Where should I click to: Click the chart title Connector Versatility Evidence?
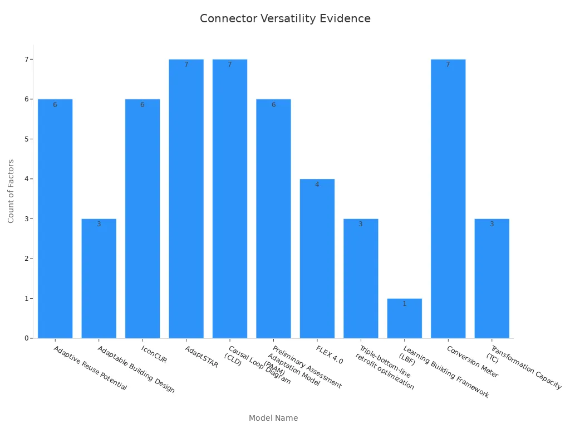(x=285, y=18)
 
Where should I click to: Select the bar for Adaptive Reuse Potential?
(x=55, y=218)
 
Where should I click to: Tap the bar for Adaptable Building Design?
(x=99, y=278)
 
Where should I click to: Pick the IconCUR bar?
(x=142, y=218)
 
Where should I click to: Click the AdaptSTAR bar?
(x=186, y=198)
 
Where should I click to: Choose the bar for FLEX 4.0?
(x=317, y=258)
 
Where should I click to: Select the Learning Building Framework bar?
(x=405, y=318)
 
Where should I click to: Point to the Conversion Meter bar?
(x=448, y=198)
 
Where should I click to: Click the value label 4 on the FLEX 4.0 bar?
(x=317, y=184)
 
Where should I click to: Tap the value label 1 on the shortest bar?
(x=405, y=304)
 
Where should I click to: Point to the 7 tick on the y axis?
(x=26, y=59)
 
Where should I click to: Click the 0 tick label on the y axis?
(x=26, y=338)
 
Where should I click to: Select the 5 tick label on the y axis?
(x=26, y=139)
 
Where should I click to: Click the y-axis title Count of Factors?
(x=11, y=191)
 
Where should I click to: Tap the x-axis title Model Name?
(x=273, y=418)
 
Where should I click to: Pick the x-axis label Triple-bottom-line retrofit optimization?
(x=385, y=368)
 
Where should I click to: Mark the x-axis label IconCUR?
(x=154, y=354)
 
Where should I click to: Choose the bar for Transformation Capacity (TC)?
(x=492, y=278)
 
